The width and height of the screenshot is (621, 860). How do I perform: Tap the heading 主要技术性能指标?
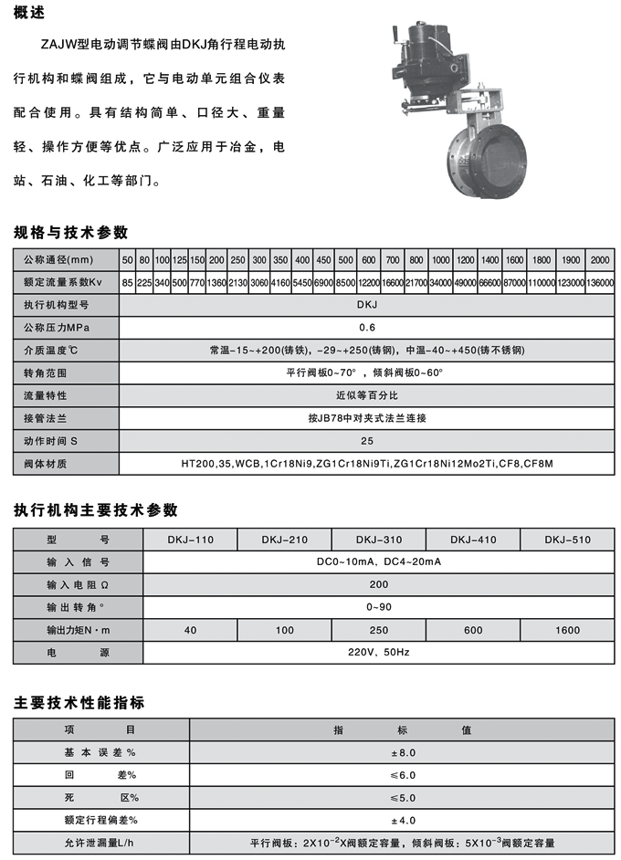tap(79, 703)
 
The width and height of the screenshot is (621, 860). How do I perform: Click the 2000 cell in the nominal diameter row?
tap(599, 260)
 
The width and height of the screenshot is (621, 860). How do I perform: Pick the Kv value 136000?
tap(599, 283)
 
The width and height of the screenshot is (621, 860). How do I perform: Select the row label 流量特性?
tap(46, 396)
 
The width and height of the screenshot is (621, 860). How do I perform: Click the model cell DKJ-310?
tap(378, 540)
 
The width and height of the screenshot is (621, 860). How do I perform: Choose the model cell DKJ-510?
tap(567, 540)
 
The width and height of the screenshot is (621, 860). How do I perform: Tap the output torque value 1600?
tap(567, 631)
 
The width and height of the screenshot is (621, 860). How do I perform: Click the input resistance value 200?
tap(378, 585)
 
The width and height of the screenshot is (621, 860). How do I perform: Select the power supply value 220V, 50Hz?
tap(378, 654)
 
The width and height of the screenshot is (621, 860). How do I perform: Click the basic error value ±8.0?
tap(402, 752)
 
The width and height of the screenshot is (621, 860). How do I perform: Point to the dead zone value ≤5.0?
tap(402, 797)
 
